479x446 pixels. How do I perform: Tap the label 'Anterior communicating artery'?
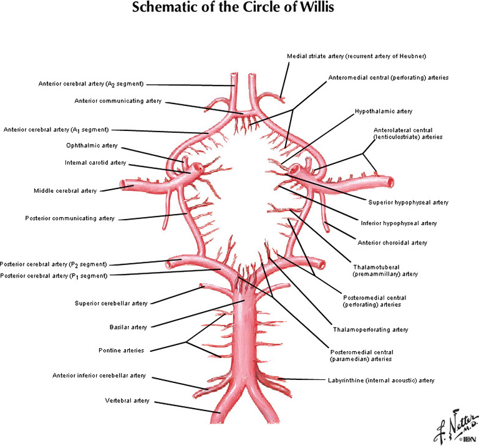click(x=118, y=100)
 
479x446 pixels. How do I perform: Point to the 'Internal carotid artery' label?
click(x=95, y=163)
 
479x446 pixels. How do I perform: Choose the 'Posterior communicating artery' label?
click(x=70, y=218)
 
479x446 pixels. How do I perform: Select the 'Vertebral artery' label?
click(x=127, y=400)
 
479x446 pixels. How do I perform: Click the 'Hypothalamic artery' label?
click(x=384, y=111)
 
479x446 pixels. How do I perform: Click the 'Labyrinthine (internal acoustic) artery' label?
click(x=380, y=380)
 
